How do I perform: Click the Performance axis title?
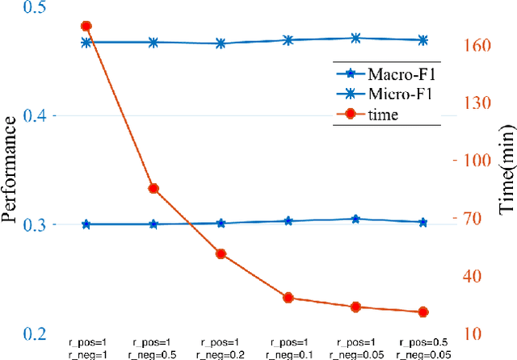[11, 169]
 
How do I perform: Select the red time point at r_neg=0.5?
[153, 189]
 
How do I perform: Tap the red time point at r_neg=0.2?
[221, 253]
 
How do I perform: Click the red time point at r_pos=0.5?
[422, 312]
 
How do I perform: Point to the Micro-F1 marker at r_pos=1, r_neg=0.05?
[355, 37]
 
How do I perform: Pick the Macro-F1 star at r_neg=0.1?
[288, 220]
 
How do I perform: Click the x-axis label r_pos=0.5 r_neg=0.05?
[422, 347]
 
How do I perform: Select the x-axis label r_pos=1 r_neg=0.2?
[221, 347]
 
